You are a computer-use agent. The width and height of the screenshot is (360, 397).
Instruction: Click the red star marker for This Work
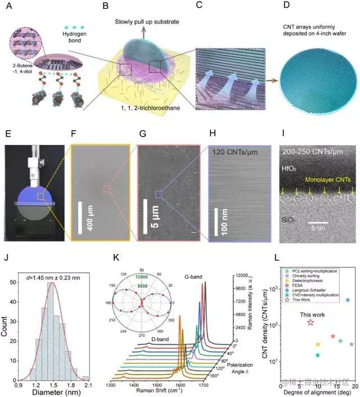tap(311, 322)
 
